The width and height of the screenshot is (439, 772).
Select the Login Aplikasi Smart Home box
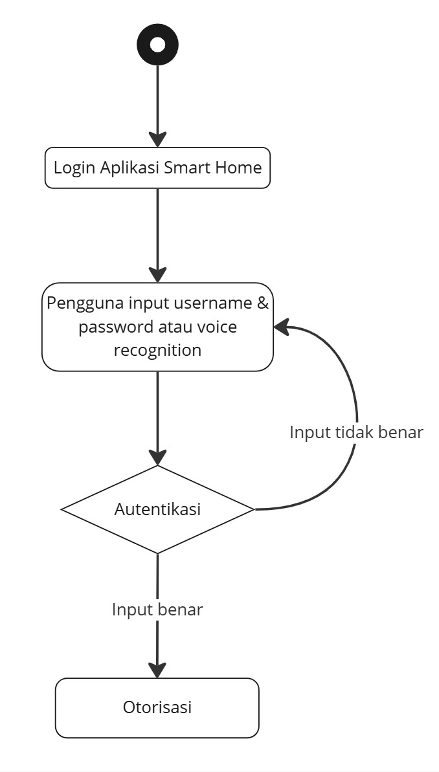(x=158, y=168)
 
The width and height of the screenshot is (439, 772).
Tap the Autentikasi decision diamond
(x=158, y=509)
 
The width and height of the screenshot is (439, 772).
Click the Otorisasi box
(x=157, y=707)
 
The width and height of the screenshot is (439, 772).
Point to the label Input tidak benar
(x=356, y=432)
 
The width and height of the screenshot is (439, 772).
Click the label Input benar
(x=158, y=610)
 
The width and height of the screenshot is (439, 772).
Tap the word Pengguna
(x=85, y=303)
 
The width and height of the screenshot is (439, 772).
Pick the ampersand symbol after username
(x=263, y=303)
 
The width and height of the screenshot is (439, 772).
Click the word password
(x=112, y=327)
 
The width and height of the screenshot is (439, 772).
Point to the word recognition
(x=158, y=351)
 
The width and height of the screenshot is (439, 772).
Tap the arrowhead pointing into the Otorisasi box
(x=158, y=670)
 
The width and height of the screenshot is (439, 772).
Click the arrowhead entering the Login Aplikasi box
(x=158, y=139)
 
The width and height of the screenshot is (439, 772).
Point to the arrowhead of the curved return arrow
(x=281, y=327)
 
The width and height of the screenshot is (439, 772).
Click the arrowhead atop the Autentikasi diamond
(x=158, y=458)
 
